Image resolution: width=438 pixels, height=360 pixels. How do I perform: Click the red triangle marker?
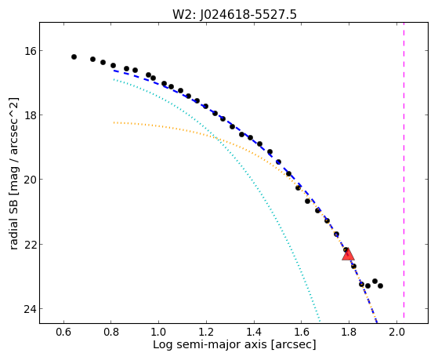[348, 255]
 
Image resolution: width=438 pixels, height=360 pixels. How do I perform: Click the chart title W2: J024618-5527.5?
[234, 14]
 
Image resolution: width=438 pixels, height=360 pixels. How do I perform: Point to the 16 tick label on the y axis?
[30, 51]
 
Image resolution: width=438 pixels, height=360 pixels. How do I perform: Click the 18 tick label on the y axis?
[30, 115]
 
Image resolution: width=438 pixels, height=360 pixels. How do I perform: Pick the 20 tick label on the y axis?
[30, 180]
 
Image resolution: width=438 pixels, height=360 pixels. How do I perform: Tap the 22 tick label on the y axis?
[30, 244]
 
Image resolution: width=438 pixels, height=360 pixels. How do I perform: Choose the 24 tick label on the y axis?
[30, 309]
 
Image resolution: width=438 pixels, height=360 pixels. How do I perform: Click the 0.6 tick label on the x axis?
[63, 332]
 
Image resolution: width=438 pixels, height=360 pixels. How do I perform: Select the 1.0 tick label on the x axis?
[158, 332]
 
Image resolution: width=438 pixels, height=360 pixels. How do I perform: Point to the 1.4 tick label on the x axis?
[254, 332]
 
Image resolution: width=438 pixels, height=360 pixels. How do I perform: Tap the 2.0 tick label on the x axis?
[396, 332]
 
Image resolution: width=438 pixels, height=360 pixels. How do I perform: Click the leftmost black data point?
[74, 56]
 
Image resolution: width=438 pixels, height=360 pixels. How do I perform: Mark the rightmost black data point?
[380, 285]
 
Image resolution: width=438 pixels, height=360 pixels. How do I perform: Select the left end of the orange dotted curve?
[114, 122]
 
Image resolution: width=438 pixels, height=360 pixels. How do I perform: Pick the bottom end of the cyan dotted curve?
[320, 321]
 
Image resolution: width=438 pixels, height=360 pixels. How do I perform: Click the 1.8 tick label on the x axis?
[349, 332]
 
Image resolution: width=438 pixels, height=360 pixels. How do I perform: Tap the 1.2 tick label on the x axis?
[206, 332]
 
